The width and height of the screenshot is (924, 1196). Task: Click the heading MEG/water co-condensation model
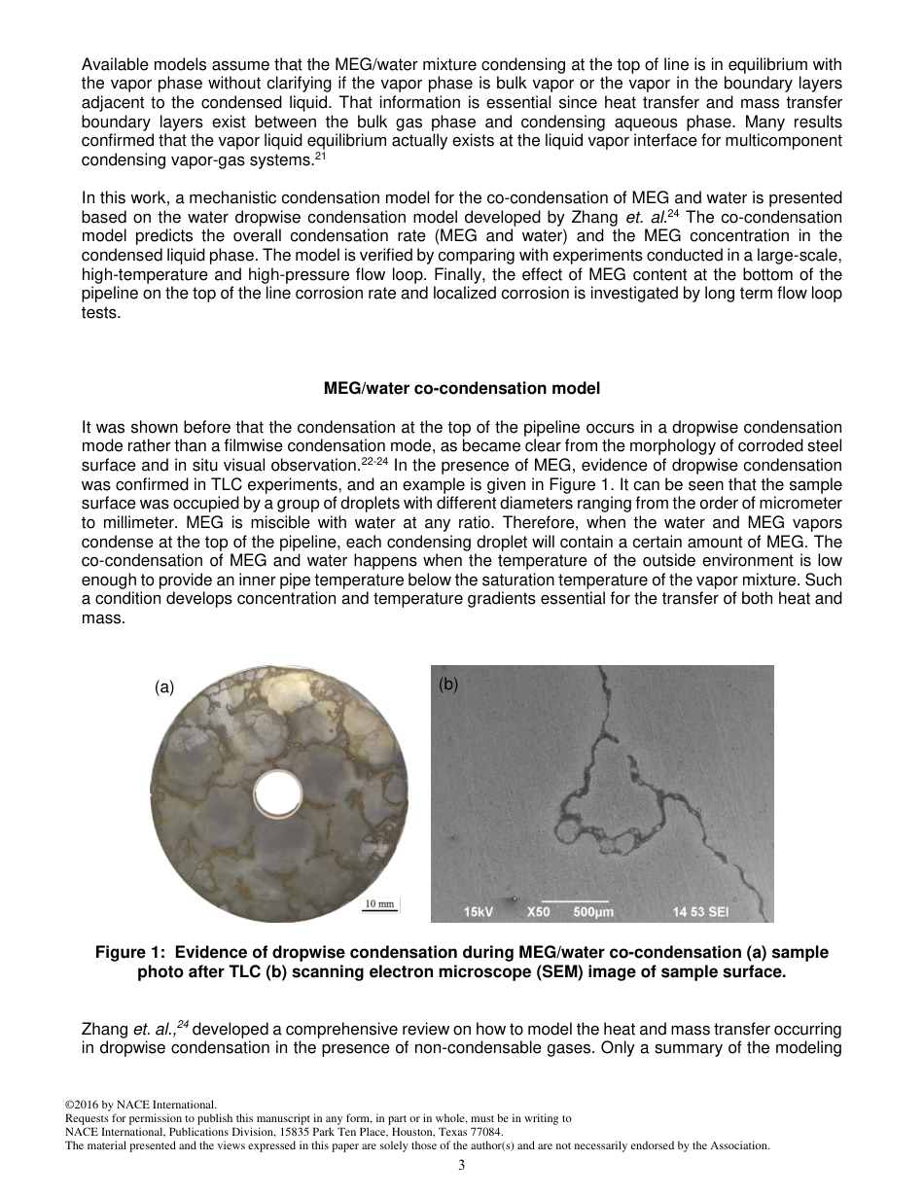pos(461,388)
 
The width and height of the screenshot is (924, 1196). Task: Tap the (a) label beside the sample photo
pos(164,686)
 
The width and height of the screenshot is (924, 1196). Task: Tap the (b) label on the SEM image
pos(447,684)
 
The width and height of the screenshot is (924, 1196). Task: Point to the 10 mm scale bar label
pos(379,904)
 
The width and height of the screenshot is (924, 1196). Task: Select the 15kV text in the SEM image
pos(480,912)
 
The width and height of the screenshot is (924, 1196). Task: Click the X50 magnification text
pos(538,912)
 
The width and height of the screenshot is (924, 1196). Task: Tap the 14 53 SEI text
pos(700,912)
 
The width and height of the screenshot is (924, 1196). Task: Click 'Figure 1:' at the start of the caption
pos(130,953)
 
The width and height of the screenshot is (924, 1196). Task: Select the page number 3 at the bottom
pos(462,1165)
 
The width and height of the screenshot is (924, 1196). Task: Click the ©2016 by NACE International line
pos(140,1106)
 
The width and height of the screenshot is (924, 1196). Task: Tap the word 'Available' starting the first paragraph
pos(114,65)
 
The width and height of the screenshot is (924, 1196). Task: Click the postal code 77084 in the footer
pos(486,1133)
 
